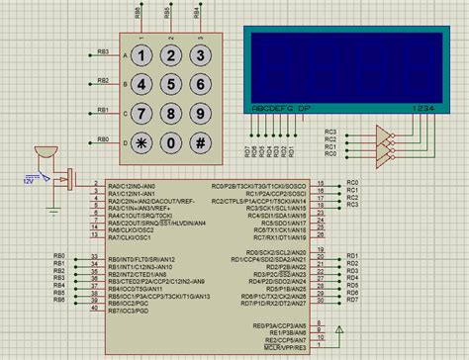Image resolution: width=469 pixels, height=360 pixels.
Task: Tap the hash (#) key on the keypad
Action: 201,140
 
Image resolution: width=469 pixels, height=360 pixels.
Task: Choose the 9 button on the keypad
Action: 201,112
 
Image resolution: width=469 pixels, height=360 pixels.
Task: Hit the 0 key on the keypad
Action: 171,140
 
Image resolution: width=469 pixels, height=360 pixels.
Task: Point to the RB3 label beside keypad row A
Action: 103,51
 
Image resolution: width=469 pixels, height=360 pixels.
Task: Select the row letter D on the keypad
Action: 125,140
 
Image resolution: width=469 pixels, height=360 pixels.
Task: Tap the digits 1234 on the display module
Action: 423,108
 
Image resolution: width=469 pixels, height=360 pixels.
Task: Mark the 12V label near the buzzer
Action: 31,182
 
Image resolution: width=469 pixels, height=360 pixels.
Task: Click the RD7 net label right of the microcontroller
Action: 353,303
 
